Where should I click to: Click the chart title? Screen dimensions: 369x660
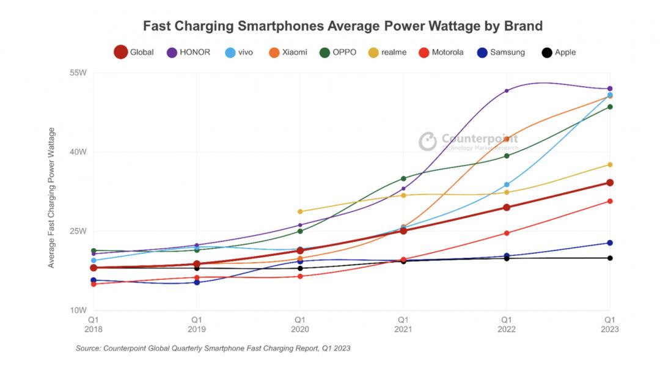[342, 26]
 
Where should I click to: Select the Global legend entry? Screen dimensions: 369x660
[134, 52]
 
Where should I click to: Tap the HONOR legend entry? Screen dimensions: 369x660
[188, 52]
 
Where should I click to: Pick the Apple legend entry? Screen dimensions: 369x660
[559, 52]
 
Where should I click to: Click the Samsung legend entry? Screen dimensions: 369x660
[500, 52]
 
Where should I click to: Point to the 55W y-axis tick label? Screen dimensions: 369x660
[79, 73]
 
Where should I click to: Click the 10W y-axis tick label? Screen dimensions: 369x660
[79, 310]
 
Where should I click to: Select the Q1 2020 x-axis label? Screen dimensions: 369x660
[300, 324]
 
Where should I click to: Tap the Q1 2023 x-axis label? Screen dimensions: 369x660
[609, 324]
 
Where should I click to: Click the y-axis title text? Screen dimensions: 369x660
[52, 197]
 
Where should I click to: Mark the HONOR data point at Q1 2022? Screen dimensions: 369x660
[507, 91]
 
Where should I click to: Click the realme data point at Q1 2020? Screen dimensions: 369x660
[300, 211]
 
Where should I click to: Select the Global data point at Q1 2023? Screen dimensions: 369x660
[610, 183]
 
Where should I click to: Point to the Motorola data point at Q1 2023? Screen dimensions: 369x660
[610, 201]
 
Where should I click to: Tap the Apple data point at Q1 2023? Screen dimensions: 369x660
[610, 258]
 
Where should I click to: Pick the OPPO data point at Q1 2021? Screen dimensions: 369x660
[403, 178]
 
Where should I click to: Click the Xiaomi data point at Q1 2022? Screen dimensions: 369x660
[507, 139]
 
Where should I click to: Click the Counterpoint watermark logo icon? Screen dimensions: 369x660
[428, 141]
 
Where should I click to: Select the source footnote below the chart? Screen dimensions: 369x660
[213, 348]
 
